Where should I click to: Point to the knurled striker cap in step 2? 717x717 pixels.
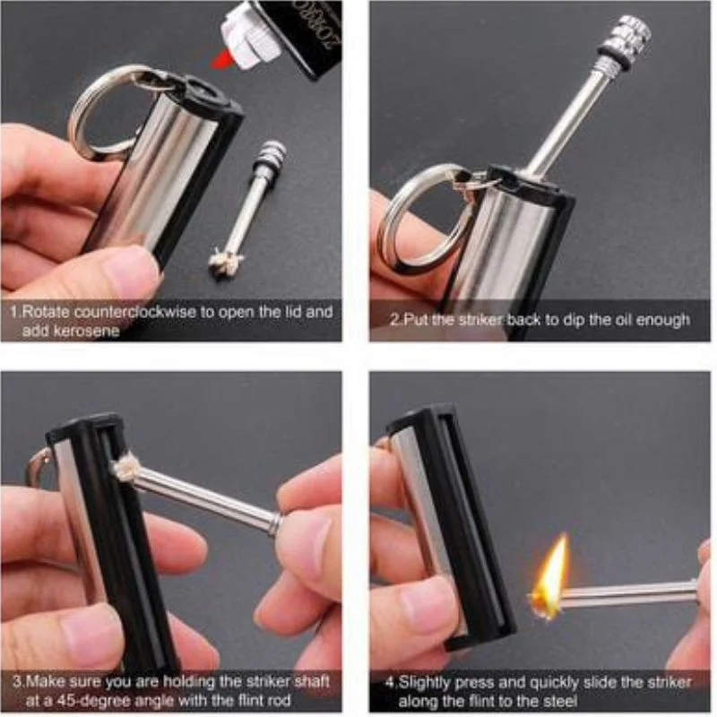pyautogui.click(x=631, y=39)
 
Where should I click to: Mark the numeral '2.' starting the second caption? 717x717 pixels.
pyautogui.click(x=396, y=320)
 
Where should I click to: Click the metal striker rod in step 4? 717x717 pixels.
pyautogui.click(x=627, y=592)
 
